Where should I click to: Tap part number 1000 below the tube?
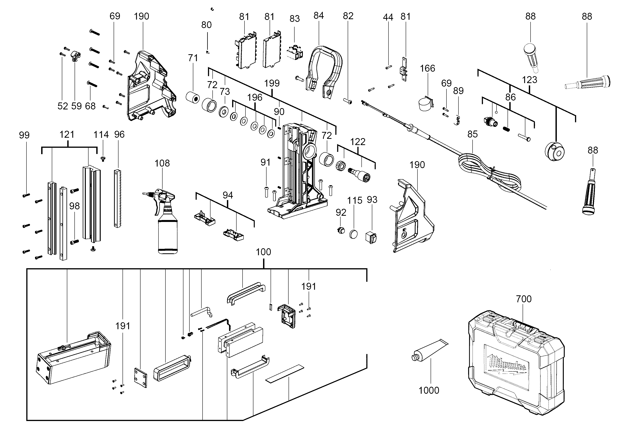click(429, 390)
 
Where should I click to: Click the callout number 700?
click(524, 299)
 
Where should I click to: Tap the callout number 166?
click(427, 68)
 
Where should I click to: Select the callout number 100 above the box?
click(263, 252)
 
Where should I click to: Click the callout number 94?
click(228, 195)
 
